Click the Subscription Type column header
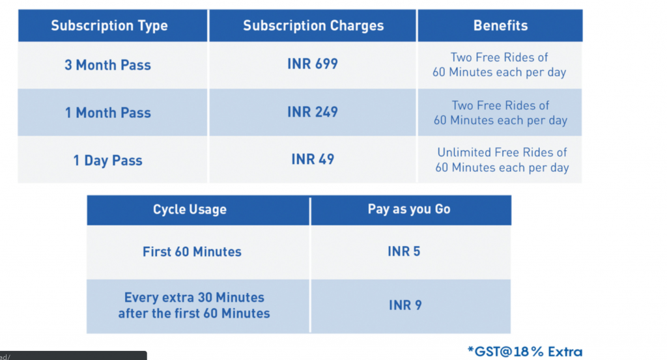click(x=109, y=26)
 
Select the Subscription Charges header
click(x=313, y=26)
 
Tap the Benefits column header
click(x=500, y=25)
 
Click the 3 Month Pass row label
click(x=107, y=65)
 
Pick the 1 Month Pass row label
click(x=107, y=113)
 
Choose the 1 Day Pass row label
click(x=107, y=161)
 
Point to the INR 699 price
click(x=313, y=64)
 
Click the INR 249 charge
click(x=313, y=112)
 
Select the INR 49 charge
click(x=313, y=159)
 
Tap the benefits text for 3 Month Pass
click(x=500, y=64)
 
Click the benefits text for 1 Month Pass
click(x=500, y=113)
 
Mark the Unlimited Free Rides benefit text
click(x=502, y=159)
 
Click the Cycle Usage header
click(x=190, y=210)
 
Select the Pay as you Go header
click(x=409, y=209)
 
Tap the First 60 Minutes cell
click(x=192, y=252)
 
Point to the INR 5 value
click(x=404, y=251)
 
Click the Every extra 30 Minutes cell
click(x=194, y=305)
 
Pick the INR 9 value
click(x=405, y=305)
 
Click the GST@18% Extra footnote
click(x=525, y=352)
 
